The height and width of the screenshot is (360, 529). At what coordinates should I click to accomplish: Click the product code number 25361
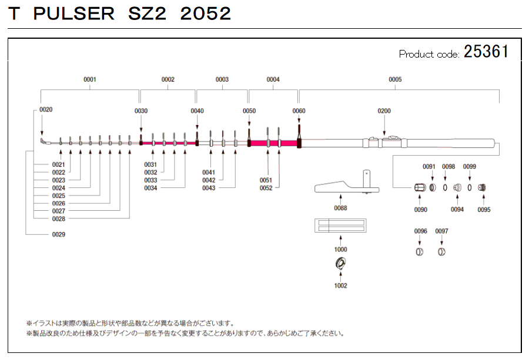pyautogui.click(x=486, y=52)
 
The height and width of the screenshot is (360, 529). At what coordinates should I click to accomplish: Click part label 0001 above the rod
pyautogui.click(x=90, y=79)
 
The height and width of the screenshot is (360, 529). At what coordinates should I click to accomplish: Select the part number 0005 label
pyautogui.click(x=395, y=79)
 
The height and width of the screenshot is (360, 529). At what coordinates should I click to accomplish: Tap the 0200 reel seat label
pyautogui.click(x=384, y=111)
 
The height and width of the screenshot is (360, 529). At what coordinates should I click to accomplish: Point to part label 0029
pyautogui.click(x=58, y=234)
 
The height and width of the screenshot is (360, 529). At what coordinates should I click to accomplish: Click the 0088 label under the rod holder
pyautogui.click(x=340, y=208)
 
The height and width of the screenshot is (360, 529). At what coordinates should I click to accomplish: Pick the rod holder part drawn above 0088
pyautogui.click(x=347, y=186)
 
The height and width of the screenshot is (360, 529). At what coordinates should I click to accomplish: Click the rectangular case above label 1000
pyautogui.click(x=340, y=225)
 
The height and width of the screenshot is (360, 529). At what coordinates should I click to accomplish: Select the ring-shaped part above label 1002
pyautogui.click(x=340, y=264)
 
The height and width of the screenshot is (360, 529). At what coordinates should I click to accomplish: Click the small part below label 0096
pyautogui.click(x=420, y=252)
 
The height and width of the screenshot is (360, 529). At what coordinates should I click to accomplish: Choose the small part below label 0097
pyautogui.click(x=441, y=252)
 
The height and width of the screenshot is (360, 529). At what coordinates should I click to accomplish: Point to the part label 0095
pyautogui.click(x=484, y=210)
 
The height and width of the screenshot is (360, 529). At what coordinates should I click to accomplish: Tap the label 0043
pyautogui.click(x=209, y=188)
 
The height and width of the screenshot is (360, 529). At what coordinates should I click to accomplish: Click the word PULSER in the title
pyautogui.click(x=75, y=14)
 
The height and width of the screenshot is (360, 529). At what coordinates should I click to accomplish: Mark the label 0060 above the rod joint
pyautogui.click(x=299, y=111)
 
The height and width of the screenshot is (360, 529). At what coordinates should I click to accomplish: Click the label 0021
pyautogui.click(x=58, y=164)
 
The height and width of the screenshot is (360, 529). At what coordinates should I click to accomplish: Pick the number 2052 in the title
pyautogui.click(x=205, y=14)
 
